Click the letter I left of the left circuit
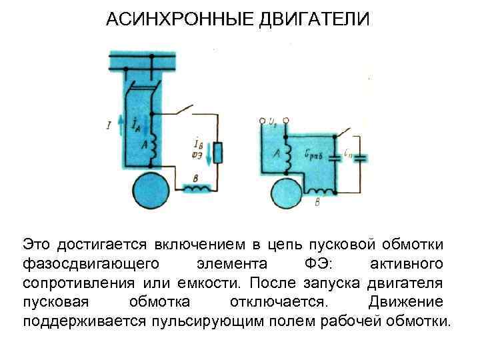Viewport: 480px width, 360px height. [x=108, y=124]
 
